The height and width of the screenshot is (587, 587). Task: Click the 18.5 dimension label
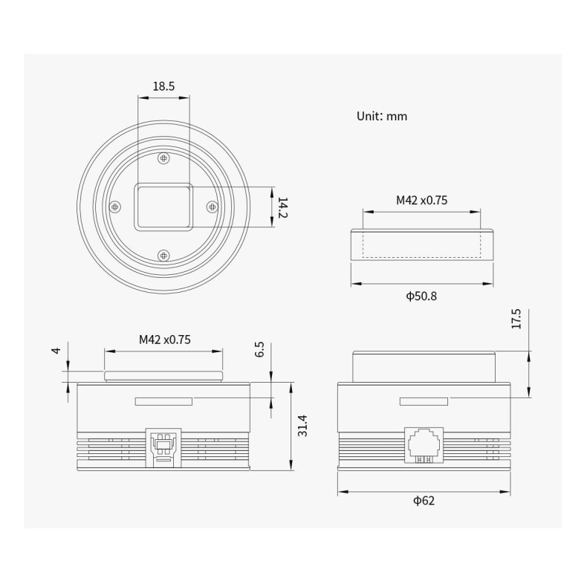point(163,86)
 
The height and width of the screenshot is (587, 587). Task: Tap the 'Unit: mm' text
point(382,116)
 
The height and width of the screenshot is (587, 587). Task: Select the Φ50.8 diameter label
point(421,296)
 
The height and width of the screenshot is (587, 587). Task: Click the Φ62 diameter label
point(424,500)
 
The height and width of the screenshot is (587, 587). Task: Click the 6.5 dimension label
point(259,350)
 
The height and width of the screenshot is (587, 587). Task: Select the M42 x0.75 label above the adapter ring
point(421,200)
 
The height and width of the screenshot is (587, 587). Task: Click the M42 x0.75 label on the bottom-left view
point(165,340)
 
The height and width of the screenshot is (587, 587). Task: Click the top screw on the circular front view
point(164,158)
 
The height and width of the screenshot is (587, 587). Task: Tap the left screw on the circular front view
point(114,207)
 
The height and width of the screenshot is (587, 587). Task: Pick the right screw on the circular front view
point(212,207)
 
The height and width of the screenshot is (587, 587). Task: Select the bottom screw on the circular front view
point(164,255)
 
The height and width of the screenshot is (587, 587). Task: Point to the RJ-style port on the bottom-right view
point(424,445)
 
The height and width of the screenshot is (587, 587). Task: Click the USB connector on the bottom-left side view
point(163,445)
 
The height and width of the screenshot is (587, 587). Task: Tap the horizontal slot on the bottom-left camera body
point(163,402)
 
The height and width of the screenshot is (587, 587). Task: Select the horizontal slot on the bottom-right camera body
point(424,402)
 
